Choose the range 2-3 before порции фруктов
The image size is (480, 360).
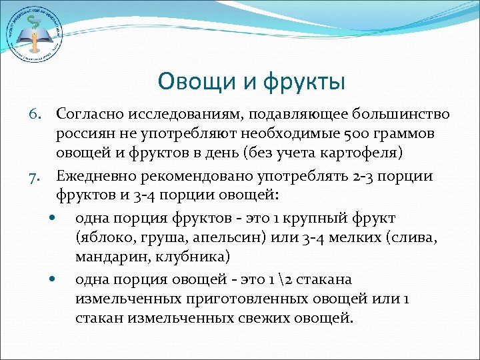coord(351,176)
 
